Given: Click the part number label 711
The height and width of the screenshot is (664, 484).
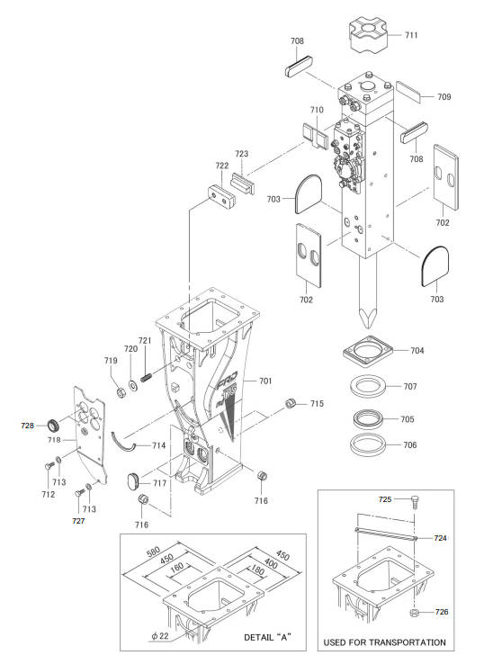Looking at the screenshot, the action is (x=411, y=35).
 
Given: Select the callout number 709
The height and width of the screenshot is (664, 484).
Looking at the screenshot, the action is (x=444, y=97).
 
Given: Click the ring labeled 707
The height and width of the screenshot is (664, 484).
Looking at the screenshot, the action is (x=368, y=387).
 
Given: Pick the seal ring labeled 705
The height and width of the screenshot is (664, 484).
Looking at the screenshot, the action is (x=369, y=418).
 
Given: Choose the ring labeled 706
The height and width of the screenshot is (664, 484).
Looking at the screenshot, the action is (x=368, y=444).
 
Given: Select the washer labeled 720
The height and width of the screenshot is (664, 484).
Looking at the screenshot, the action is (x=133, y=386).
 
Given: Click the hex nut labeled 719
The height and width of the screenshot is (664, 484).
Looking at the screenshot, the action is (x=121, y=392).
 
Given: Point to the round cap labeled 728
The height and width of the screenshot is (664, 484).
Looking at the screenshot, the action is (x=53, y=424).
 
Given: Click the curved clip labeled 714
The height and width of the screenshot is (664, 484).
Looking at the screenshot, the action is (x=123, y=443).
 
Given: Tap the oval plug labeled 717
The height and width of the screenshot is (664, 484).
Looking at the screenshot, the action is (x=134, y=481).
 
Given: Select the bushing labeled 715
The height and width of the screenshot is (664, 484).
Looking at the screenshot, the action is (x=290, y=403).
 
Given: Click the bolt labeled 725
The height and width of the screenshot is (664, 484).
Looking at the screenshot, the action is (x=414, y=503).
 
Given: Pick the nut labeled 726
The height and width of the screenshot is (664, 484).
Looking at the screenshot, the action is (x=415, y=613).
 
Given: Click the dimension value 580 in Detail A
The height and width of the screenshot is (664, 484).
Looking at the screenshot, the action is (x=153, y=552).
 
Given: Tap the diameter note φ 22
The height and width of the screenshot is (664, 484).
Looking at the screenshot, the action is (x=159, y=635).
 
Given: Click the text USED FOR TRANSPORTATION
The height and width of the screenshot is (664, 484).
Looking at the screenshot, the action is (x=384, y=642).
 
